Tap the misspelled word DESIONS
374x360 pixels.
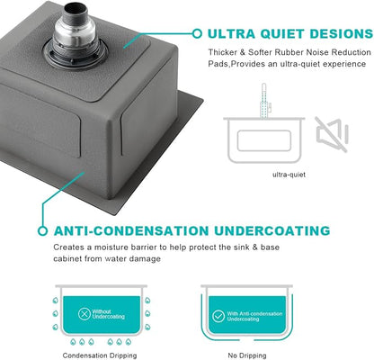342,33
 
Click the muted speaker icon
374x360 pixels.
332,134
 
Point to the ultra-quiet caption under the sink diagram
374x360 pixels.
289,175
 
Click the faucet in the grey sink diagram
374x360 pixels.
265,101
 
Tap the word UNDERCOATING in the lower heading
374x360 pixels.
272,230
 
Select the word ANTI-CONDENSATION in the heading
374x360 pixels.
131,230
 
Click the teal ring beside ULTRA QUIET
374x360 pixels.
197,33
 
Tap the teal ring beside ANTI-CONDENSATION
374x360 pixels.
43,231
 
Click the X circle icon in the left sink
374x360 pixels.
85,314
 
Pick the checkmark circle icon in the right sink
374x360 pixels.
218,316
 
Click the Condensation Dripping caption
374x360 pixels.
100,355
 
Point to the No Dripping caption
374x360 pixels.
247,355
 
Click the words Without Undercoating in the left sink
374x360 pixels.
108,314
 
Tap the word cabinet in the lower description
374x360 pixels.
67,258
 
